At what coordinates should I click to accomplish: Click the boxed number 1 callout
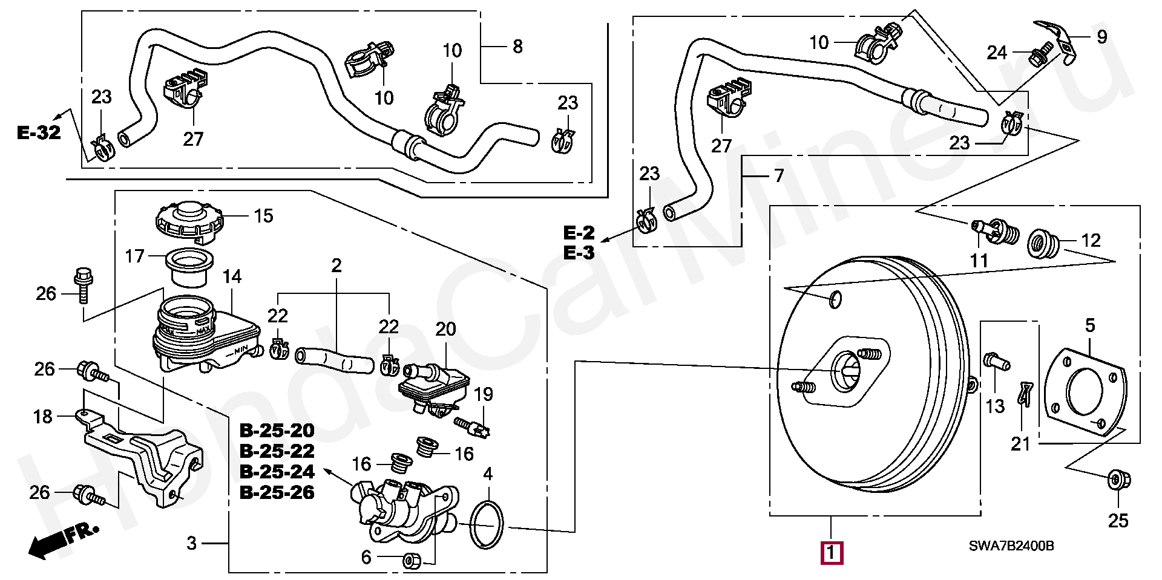831,552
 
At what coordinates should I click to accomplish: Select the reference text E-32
39,132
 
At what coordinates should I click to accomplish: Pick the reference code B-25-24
277,471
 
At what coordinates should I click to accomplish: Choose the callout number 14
232,278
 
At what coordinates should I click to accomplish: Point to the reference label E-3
579,253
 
